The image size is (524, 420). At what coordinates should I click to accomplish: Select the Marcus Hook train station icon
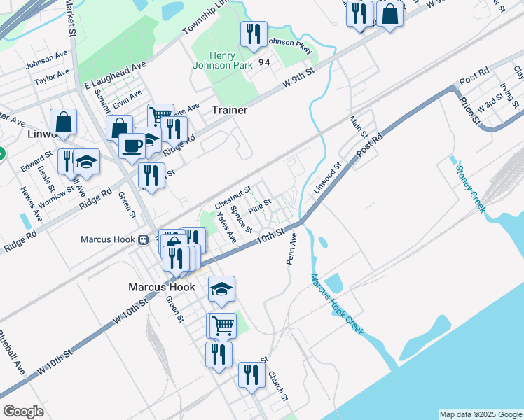143,239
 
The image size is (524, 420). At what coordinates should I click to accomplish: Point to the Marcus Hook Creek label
337,303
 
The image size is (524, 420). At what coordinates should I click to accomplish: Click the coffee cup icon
131,145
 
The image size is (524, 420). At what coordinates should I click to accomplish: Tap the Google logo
23,412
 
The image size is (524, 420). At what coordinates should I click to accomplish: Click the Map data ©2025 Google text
480,414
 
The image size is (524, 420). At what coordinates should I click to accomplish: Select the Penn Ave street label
291,249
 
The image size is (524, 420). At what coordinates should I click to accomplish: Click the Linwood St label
326,178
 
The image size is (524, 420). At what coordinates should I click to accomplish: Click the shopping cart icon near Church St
222,325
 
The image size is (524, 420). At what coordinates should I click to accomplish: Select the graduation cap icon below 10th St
221,288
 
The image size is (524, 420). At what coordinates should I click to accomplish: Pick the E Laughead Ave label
115,75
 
